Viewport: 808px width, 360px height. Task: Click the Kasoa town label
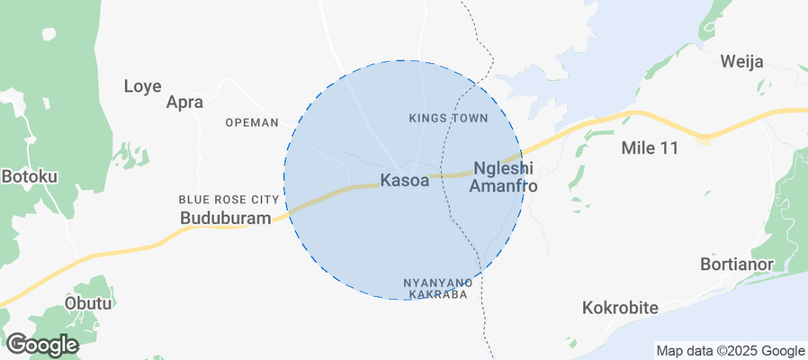coord(404,180)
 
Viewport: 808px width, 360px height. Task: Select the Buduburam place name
coord(226,219)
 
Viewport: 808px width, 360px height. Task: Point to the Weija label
coord(742,62)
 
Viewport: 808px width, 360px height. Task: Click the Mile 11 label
coord(649,148)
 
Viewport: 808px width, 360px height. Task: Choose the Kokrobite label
coord(620,308)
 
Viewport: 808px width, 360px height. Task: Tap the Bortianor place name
coord(738,265)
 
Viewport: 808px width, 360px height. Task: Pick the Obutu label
coord(88,303)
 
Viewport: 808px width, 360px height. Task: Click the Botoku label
coord(29,176)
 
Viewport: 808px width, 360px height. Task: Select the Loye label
coord(142,86)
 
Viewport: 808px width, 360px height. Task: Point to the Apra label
coord(185,103)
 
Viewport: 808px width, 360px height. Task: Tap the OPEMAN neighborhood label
coord(252,122)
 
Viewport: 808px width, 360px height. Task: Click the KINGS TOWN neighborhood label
coord(448,118)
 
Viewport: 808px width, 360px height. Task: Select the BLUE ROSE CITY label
coord(229,199)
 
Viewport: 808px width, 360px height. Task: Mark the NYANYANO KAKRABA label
coord(437,288)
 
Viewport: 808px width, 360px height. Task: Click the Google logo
coord(41,344)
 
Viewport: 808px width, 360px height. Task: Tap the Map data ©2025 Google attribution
coord(730,351)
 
